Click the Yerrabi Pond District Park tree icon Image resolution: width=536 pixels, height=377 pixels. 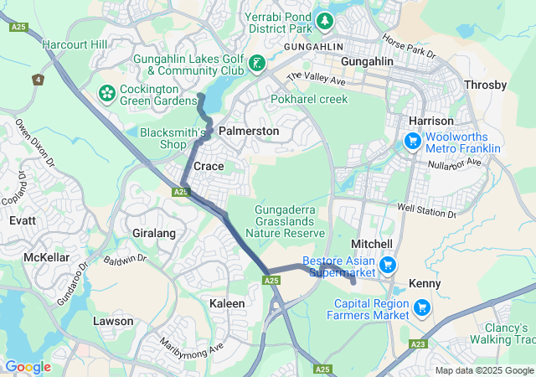(x=323, y=20)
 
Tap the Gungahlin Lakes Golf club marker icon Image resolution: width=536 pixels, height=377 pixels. (x=257, y=63)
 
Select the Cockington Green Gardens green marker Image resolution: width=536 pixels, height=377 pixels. (x=107, y=90)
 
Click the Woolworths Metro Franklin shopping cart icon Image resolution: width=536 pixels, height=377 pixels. (x=412, y=141)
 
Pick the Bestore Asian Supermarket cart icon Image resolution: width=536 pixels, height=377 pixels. (x=387, y=266)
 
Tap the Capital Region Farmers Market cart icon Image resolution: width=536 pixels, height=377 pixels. (x=422, y=308)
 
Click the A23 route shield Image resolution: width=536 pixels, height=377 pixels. (x=419, y=343)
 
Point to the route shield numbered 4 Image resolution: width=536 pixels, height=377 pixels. (x=38, y=80)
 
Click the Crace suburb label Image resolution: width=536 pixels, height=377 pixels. (x=209, y=167)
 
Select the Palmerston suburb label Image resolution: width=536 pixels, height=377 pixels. (x=249, y=132)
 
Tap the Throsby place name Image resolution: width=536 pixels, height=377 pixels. (x=485, y=85)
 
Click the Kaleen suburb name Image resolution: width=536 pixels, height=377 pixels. (x=227, y=302)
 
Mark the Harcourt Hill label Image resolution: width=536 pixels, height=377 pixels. (x=75, y=44)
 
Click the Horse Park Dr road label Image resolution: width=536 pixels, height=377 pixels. (x=409, y=46)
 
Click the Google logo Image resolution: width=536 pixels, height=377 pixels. (x=28, y=367)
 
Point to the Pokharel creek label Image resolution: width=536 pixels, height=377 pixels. (x=309, y=99)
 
